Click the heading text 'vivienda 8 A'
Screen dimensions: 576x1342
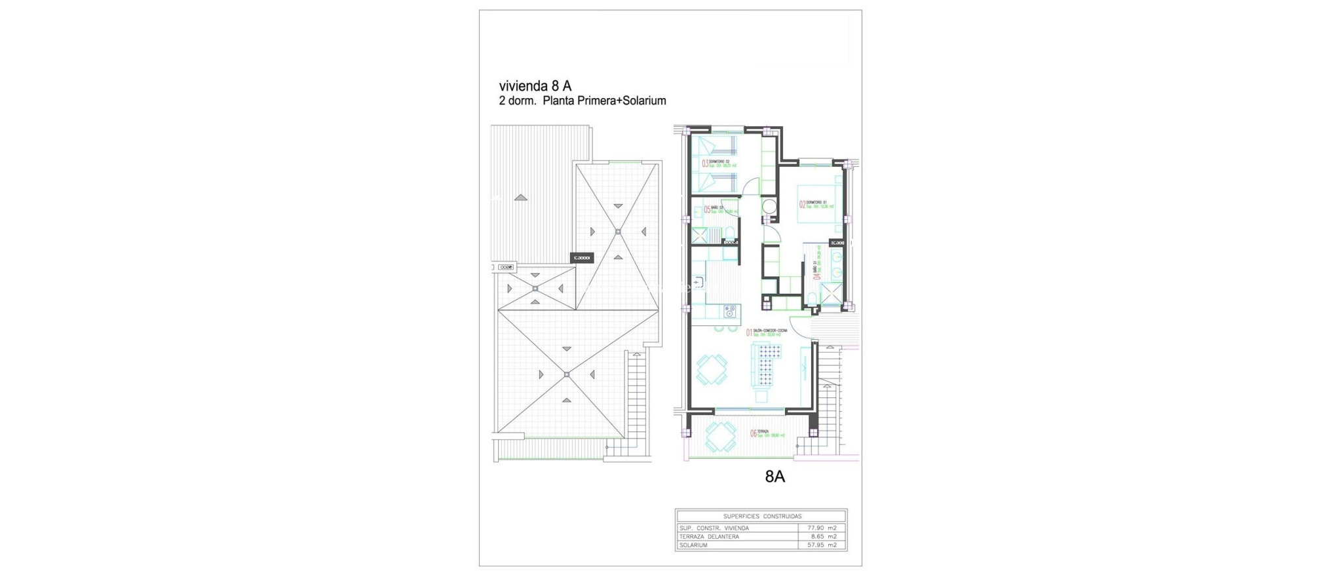535,86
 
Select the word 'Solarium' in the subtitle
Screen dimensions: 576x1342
644,101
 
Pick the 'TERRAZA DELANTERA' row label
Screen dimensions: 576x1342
709,537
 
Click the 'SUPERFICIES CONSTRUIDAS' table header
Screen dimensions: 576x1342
762,516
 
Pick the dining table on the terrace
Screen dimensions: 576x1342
720,437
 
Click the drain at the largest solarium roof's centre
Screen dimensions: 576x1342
108,374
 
